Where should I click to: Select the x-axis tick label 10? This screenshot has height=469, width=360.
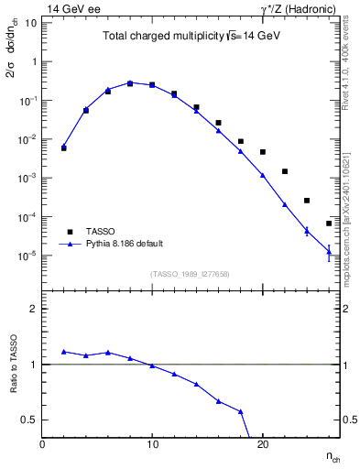152,444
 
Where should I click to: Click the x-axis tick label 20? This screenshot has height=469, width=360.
262,444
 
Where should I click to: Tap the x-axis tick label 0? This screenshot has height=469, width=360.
42,444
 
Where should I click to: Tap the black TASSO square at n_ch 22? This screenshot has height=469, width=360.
285,171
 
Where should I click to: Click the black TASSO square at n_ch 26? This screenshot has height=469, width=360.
329,224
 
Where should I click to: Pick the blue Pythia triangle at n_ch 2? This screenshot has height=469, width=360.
64,146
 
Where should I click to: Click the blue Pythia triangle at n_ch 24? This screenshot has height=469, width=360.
307,230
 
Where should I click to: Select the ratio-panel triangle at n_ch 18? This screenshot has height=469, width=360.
241,411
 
